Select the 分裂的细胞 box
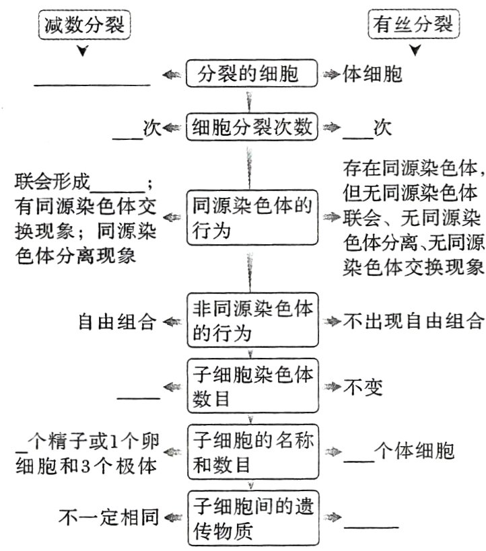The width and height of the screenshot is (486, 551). [x=250, y=73]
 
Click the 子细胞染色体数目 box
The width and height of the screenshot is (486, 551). [x=250, y=386]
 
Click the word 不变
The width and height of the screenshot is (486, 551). [x=363, y=387]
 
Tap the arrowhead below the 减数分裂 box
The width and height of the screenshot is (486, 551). [x=83, y=51]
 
